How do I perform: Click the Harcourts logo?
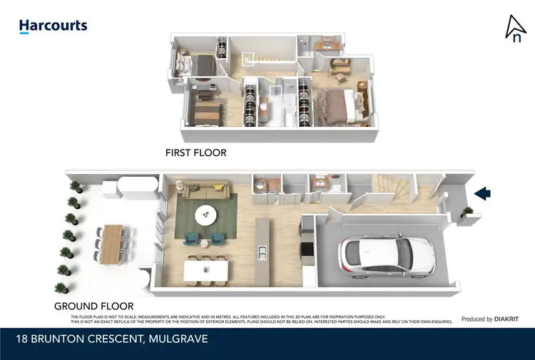click(53, 26)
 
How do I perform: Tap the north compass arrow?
click(515, 29)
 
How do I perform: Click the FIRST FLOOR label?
click(195, 153)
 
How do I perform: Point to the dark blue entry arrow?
click(483, 192)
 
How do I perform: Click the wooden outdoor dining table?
click(113, 242)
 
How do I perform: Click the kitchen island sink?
click(263, 252)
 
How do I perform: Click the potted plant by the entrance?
click(467, 212)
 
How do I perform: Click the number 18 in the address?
click(24, 339)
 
